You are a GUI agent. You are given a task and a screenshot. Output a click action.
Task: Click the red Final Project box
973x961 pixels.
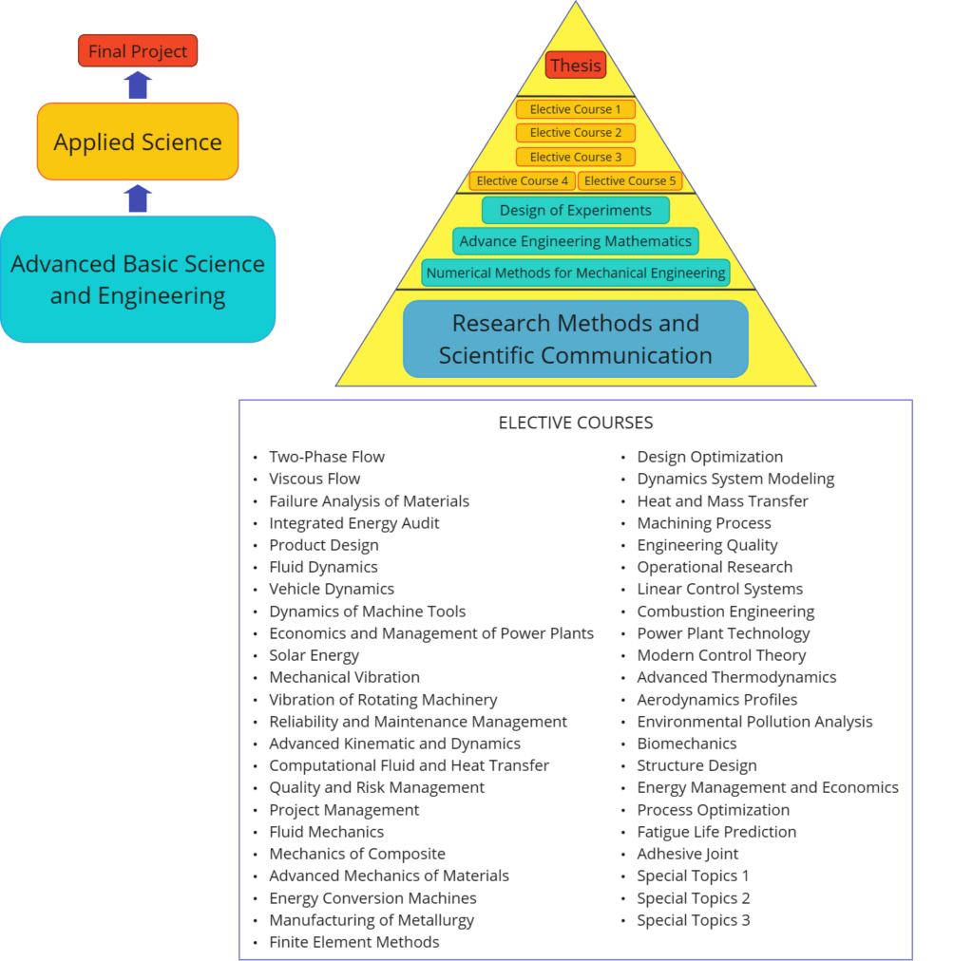coord(138,51)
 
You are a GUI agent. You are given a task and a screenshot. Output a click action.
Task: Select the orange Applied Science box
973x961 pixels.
coord(138,142)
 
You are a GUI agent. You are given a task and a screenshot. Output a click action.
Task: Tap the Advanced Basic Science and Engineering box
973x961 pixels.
coord(138,279)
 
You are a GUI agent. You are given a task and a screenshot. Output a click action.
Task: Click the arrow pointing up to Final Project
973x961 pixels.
coord(138,85)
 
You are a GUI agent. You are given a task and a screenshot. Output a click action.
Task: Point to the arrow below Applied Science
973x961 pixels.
coord(138,198)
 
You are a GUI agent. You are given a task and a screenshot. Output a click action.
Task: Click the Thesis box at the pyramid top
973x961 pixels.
coord(576,66)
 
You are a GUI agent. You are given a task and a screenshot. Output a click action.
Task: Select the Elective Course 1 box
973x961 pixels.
coord(576,109)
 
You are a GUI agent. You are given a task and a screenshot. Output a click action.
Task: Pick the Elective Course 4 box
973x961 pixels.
coord(523,180)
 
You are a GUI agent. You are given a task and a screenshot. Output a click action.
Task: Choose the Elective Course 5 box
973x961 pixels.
coord(629,180)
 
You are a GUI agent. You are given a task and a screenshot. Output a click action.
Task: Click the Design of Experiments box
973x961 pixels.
coord(576,210)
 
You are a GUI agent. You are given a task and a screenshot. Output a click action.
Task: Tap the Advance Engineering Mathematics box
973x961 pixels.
coord(576,241)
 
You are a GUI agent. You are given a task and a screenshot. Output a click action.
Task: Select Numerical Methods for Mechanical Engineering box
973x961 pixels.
coord(576,273)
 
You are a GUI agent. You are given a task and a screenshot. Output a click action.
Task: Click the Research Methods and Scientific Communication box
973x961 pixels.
coord(576,339)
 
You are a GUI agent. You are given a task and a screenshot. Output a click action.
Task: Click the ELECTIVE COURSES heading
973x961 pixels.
coord(576,423)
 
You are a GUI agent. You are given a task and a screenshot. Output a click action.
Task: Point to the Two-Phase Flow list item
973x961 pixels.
coord(327,457)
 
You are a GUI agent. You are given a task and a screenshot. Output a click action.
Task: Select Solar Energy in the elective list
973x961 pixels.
coord(314,655)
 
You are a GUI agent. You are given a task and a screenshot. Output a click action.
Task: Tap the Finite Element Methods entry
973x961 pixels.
coord(353,942)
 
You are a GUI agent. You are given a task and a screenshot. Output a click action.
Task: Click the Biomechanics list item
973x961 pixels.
coord(686,744)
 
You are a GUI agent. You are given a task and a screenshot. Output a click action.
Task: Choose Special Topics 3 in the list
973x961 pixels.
coord(693,920)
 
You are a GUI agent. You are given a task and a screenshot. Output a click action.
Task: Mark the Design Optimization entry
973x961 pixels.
coord(710,457)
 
